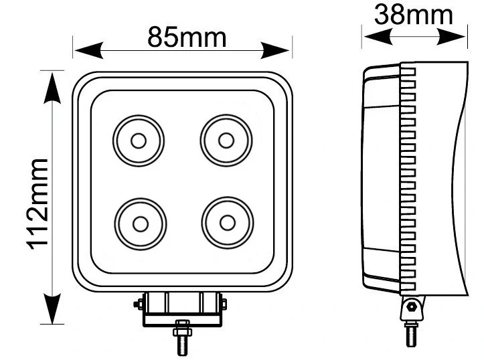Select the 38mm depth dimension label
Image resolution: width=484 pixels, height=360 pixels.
[413, 14]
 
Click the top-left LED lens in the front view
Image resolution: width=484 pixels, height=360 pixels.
[139, 141]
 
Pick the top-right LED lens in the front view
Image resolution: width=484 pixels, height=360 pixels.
[226, 140]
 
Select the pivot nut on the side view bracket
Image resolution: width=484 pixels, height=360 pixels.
[411, 308]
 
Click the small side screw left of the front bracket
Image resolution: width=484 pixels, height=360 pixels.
[139, 304]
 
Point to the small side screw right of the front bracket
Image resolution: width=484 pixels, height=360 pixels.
[224, 304]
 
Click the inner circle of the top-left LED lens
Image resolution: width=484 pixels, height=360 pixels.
[139, 141]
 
